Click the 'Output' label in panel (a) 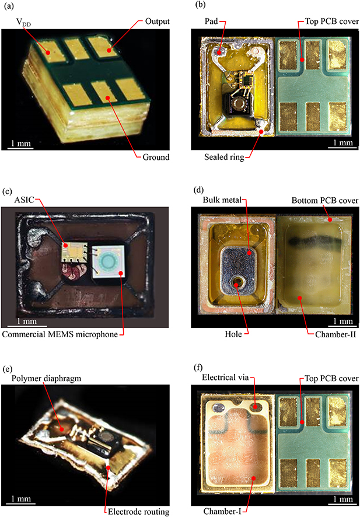[x=158, y=22]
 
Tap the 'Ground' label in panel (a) [x=156, y=157]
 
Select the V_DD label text [x=23, y=22]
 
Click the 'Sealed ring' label [x=224, y=157]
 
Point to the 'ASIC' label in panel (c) [x=24, y=200]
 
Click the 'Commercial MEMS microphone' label [x=60, y=334]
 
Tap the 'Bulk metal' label [x=222, y=200]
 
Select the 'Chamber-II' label [x=335, y=334]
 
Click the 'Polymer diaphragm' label [x=47, y=378]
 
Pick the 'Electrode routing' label [x=138, y=511]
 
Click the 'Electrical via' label [x=225, y=377]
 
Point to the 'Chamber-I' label [x=222, y=511]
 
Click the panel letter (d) [x=200, y=190]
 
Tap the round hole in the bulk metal [x=237, y=282]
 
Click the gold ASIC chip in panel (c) [x=75, y=253]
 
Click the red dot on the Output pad [x=109, y=50]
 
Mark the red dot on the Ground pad [x=107, y=97]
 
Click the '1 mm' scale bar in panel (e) [x=22, y=504]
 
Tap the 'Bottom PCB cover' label [x=325, y=201]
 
